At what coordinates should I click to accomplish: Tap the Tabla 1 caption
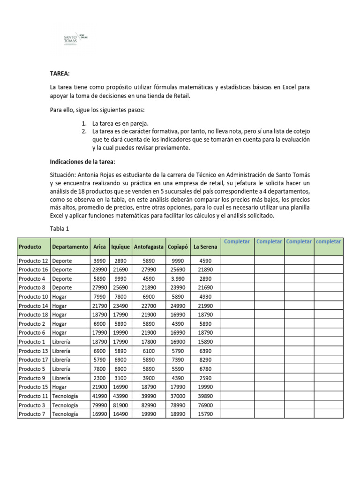coord(59,228)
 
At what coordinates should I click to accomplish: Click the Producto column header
coord(30,247)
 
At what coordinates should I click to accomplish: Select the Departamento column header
coord(70,247)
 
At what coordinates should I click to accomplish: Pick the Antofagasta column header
coord(149,247)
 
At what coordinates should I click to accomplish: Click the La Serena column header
coord(205,247)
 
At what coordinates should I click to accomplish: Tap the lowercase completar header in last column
coord(328,242)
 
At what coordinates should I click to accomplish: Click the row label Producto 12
coord(33,261)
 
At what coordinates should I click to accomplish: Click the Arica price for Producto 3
coord(100,405)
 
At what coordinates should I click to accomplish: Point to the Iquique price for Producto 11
coord(120,396)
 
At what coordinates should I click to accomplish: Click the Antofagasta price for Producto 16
coord(149,270)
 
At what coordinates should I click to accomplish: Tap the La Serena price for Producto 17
coord(205,360)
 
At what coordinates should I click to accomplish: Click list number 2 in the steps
coord(84,131)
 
